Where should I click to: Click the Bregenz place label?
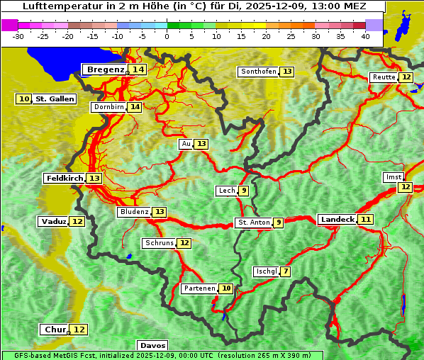[x=105, y=69]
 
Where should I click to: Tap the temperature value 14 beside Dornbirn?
[x=135, y=107]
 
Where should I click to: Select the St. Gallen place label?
[x=55, y=99]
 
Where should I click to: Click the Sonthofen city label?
[x=258, y=72]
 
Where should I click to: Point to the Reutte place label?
[x=384, y=77]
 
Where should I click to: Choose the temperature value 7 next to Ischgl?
[x=285, y=271]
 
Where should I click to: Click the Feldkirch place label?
[x=64, y=179]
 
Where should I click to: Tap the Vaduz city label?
[x=54, y=222]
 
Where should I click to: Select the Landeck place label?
[x=337, y=220]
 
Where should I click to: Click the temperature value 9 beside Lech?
[x=244, y=191]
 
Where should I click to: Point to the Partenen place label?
[x=199, y=288]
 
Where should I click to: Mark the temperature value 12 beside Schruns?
[x=184, y=243]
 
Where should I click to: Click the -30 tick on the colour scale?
[x=18, y=35]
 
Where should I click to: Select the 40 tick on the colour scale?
[x=365, y=35]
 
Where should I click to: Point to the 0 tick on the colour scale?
[x=167, y=35]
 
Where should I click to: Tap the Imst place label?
[x=392, y=176]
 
